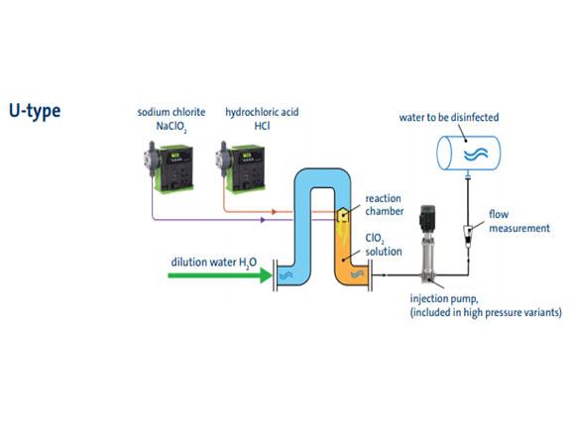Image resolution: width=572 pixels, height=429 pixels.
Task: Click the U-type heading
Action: pos(35,111)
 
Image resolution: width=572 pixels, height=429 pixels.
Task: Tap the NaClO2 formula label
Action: pos(172,127)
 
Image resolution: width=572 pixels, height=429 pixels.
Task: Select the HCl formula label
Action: pos(262,126)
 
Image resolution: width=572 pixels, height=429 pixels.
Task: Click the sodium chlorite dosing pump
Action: pos(169,166)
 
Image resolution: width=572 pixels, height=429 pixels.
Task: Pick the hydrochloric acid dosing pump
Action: pos(240,166)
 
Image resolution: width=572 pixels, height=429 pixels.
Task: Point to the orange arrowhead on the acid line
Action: pos(275,211)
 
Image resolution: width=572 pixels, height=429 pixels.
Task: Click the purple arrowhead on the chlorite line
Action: pos(263,220)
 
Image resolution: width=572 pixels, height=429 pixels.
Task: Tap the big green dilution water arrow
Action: pos(220,275)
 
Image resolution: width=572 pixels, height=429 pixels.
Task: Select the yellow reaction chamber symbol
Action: pos(343,215)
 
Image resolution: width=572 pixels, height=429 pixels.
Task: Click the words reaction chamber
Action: pos(385,205)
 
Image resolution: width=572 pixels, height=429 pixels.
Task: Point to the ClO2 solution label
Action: pos(384,245)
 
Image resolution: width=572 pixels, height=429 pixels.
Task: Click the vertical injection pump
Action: pos(428,244)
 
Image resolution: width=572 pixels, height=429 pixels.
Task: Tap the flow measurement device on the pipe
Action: pos(468,236)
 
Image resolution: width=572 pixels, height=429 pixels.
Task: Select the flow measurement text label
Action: pos(519,221)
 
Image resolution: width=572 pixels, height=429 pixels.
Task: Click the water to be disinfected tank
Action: pos(469,153)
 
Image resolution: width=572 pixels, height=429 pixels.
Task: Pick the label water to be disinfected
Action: pos(449,117)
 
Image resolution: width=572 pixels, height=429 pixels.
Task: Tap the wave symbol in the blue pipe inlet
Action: pos(286,275)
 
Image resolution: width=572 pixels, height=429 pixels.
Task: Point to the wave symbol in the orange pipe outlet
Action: pos(358,274)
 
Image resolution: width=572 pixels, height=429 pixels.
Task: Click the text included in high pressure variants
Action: pos(486,312)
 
